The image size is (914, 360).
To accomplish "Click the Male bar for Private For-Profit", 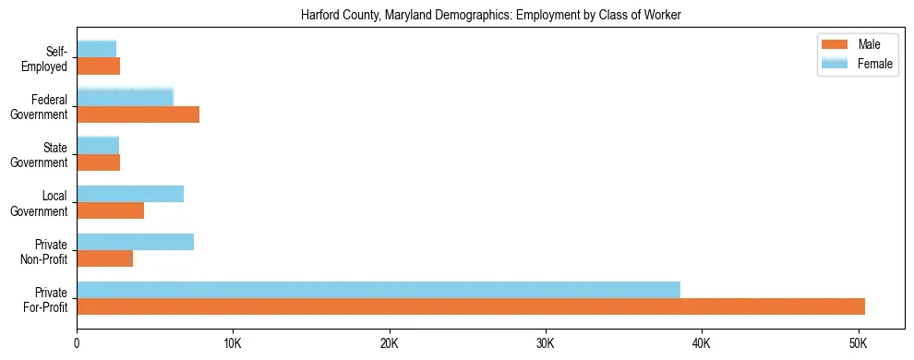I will (x=471, y=306).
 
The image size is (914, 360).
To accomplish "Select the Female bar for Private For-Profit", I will (x=379, y=290).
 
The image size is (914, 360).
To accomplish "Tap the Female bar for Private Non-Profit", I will (x=135, y=242).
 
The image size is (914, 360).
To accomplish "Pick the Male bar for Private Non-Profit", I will (x=104, y=258).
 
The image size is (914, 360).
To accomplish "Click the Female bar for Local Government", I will (x=130, y=194).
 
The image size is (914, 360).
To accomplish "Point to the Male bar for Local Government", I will (x=110, y=210).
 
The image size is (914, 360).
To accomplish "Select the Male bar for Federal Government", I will (x=138, y=114).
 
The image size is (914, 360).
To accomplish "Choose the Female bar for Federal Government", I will (x=125, y=97).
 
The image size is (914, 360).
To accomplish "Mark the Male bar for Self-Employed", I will (x=98, y=66).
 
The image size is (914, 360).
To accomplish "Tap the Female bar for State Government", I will (x=98, y=145).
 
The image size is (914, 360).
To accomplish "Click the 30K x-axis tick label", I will (x=546, y=344).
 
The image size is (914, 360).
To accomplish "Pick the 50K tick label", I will (x=858, y=344).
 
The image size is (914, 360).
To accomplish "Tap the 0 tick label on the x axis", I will (x=77, y=344).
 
